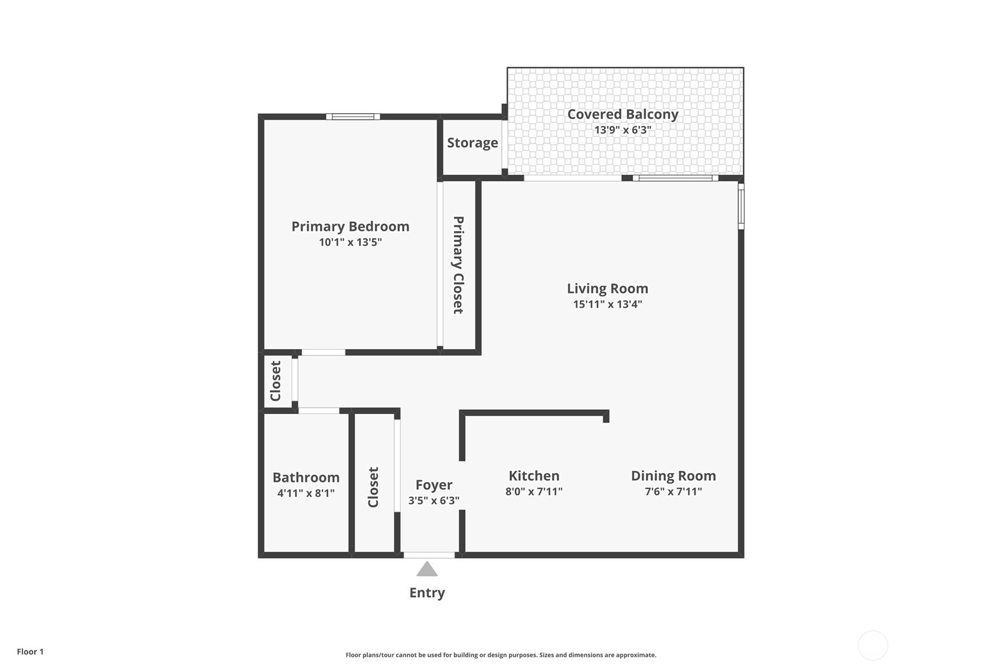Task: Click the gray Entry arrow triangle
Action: [427, 569]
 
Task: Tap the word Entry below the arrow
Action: [427, 593]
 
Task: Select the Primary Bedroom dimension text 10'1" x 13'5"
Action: [350, 242]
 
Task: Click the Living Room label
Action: [608, 289]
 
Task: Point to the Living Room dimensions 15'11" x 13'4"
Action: [608, 304]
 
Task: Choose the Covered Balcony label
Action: [623, 115]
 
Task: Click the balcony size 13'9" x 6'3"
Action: [623, 130]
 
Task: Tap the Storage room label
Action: [472, 143]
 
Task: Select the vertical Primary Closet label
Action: [458, 265]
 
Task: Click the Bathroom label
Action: [306, 477]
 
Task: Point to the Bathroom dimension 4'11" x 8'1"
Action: [306, 493]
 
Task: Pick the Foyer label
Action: [434, 485]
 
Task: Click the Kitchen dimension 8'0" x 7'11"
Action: [534, 491]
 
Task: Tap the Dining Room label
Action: [673, 475]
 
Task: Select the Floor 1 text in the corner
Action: [31, 651]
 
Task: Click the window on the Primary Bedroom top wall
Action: [353, 117]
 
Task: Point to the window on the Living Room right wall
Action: [741, 206]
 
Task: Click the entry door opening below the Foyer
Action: [429, 555]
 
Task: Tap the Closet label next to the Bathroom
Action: [373, 487]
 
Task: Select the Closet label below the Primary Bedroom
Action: [275, 381]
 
